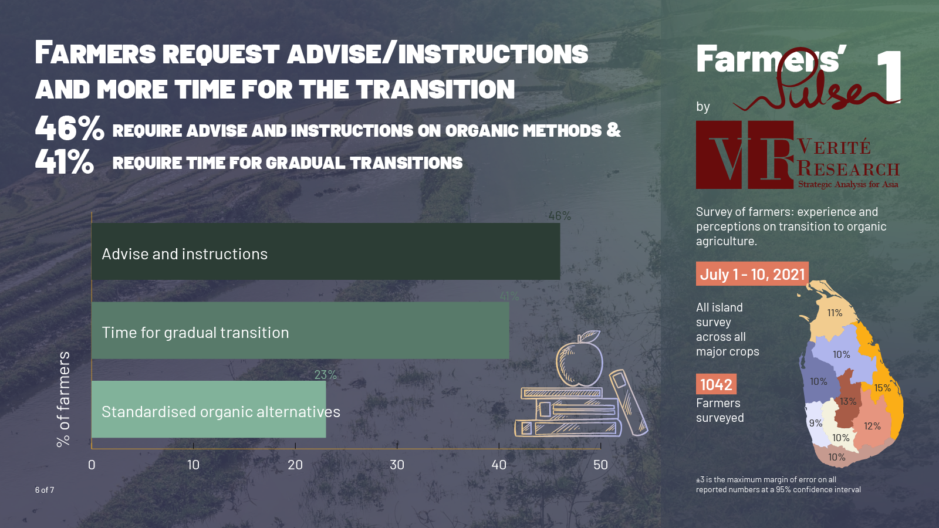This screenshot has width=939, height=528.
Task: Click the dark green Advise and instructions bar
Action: (x=326, y=252)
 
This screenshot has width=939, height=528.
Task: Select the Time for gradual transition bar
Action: (x=300, y=330)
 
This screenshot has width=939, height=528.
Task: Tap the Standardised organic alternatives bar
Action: (x=209, y=409)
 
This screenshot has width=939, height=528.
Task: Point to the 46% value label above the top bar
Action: (x=560, y=216)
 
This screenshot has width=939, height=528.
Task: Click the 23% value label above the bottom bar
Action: (x=325, y=375)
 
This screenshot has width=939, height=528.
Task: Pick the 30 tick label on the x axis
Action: (x=397, y=465)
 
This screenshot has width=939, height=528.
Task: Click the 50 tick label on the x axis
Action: (x=600, y=465)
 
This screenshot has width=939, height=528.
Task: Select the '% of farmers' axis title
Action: (x=63, y=399)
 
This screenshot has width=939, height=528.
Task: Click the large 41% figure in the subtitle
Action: (x=65, y=162)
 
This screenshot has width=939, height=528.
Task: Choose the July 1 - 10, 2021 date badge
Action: (x=752, y=274)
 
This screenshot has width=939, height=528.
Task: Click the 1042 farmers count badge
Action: (x=716, y=384)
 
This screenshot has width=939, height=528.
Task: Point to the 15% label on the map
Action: (x=883, y=388)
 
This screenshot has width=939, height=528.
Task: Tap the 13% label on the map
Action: (x=848, y=401)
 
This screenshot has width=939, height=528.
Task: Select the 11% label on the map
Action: (x=835, y=313)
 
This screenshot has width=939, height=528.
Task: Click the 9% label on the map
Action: (x=815, y=423)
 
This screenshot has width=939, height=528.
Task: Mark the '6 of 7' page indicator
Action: (x=45, y=490)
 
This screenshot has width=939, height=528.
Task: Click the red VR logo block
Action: (x=745, y=155)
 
